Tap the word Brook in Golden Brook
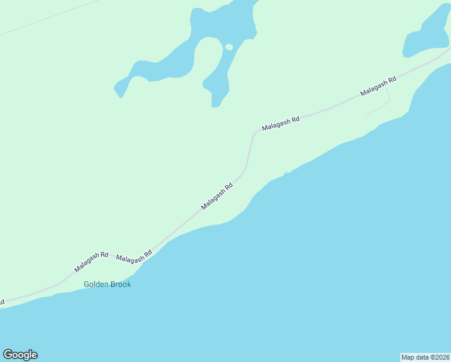click(x=121, y=284)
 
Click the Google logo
click(x=20, y=355)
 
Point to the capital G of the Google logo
click(x=8, y=354)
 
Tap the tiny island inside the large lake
click(x=229, y=46)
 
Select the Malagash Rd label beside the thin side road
click(x=378, y=86)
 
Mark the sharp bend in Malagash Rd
click(x=253, y=136)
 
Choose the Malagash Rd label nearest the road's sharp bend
click(x=280, y=124)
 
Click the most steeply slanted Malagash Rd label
click(x=217, y=197)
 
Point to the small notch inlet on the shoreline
click(x=285, y=174)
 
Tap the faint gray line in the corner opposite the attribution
click(x=48, y=17)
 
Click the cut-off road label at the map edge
click(x=2, y=301)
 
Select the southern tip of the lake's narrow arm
click(x=215, y=106)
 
